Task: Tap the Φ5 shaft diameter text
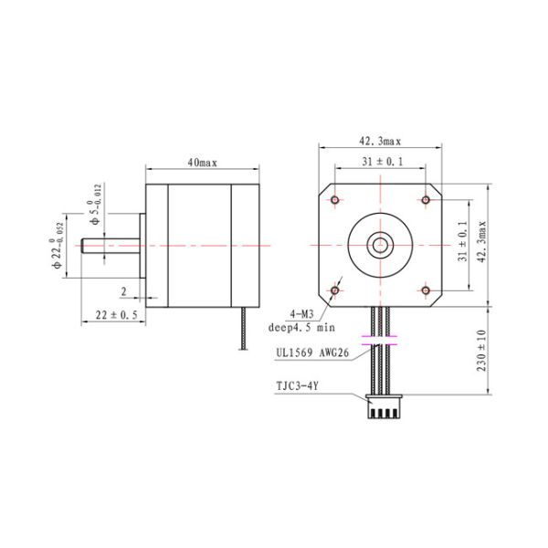coord(94,207)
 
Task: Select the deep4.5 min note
coord(301,326)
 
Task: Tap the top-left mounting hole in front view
coord(335,200)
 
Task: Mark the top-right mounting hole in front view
coord(425,200)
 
